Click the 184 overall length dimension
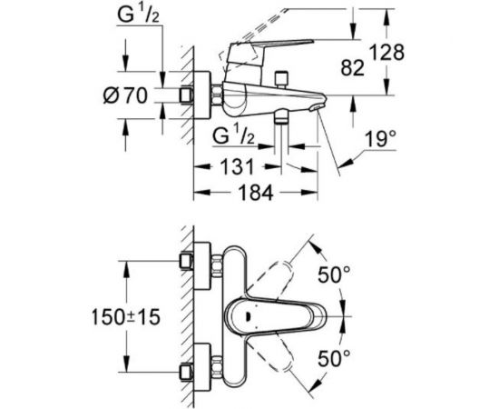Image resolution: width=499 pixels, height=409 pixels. pos(256,192)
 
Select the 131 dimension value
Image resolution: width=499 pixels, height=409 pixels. pos(237,166)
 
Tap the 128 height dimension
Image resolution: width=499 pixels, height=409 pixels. pos(387,52)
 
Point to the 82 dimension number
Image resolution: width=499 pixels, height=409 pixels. pos(352,68)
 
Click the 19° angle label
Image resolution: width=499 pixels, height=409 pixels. pos(381,139)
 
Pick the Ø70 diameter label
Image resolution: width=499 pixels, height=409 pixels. pos(125,95)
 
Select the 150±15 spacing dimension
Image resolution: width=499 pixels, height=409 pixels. pos(126,317)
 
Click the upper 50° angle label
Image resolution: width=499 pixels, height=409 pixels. pos(334,274)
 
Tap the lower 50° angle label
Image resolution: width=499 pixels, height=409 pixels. pos(334,358)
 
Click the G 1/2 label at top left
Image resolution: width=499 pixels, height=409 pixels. pos(139,15)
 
